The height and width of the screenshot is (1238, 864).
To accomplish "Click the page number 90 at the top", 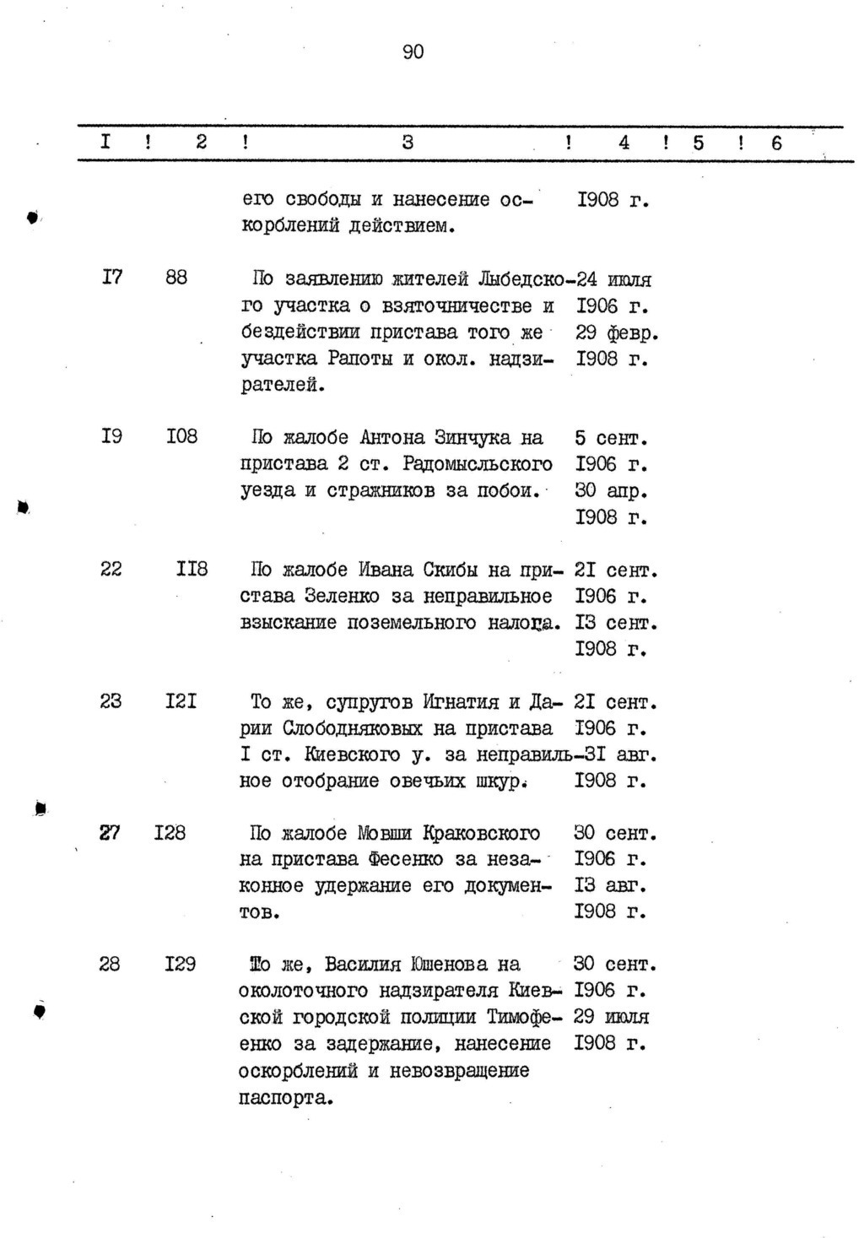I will click(x=413, y=52).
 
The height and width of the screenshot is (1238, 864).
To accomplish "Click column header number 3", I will click(x=408, y=143).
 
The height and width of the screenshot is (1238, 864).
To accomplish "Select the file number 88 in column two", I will click(x=176, y=278).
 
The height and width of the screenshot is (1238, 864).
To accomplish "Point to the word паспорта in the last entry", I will click(x=285, y=1098).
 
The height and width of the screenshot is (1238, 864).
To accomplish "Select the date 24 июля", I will click(x=613, y=279).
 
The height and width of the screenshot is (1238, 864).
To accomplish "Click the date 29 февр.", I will click(x=616, y=332).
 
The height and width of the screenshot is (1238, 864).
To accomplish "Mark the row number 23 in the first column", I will click(x=111, y=701).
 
